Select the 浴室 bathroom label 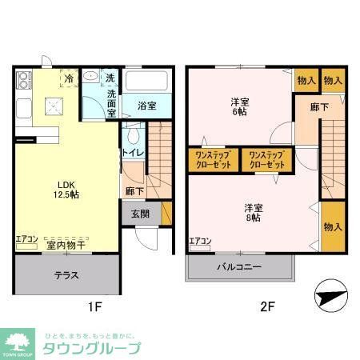click(146, 105)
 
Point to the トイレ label click(132, 152)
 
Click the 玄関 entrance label click(141, 213)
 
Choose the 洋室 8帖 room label click(254, 214)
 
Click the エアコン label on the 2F click(200, 242)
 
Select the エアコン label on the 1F click(27, 238)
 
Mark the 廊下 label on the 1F click(134, 192)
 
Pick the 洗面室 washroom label click(112, 102)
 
